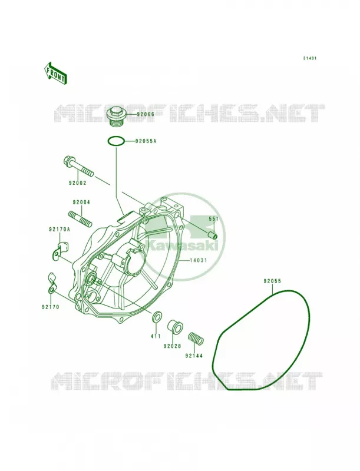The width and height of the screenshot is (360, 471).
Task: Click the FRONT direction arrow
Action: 55,72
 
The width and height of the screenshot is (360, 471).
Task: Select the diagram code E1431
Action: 309,58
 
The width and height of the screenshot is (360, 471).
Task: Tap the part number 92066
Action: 146,114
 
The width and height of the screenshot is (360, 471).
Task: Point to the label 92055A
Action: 146,141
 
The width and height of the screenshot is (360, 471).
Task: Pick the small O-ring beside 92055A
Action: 115,141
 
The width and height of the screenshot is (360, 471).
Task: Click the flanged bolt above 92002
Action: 78,166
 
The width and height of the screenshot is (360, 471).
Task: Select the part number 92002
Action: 78,183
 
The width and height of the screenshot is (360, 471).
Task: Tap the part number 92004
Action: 81,203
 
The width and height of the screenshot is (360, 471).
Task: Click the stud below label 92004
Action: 80,218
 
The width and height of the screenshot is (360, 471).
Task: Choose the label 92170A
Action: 59,230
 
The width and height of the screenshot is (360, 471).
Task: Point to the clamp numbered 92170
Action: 52,283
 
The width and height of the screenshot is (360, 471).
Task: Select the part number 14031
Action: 199,260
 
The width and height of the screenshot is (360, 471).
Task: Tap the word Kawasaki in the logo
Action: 184,246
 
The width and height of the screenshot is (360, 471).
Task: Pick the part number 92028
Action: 172,346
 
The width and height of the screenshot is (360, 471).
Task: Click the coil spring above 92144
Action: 196,339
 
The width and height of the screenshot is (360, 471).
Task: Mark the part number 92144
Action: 194,356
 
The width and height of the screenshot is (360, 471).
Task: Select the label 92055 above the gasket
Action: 272,281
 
